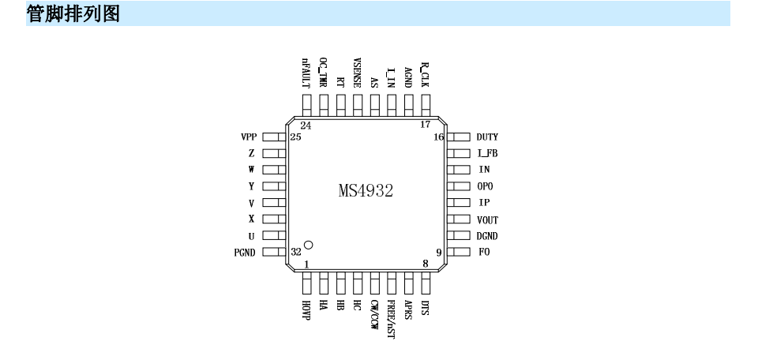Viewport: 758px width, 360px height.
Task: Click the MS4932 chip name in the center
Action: (x=366, y=190)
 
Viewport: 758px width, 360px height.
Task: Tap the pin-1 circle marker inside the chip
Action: (x=308, y=245)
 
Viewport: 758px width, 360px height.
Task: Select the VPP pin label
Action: (x=249, y=137)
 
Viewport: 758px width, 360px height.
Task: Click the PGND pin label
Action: (x=245, y=253)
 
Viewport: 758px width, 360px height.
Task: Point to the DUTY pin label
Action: (x=487, y=137)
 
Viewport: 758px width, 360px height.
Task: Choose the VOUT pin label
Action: (x=487, y=220)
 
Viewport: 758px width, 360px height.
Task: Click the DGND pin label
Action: (x=487, y=236)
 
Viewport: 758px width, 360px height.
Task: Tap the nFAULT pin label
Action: (x=306, y=73)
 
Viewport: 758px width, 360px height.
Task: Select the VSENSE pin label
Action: (x=357, y=73)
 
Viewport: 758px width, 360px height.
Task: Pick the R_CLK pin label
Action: (x=425, y=74)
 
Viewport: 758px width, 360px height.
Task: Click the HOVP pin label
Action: (x=306, y=310)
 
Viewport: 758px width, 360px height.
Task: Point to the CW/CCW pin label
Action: (x=373, y=315)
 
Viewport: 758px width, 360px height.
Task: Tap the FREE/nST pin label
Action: (x=391, y=320)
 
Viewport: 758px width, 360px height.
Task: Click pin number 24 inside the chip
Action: (x=306, y=126)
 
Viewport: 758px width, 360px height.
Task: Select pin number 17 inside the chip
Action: (x=425, y=125)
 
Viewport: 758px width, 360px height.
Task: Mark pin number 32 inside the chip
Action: (x=296, y=252)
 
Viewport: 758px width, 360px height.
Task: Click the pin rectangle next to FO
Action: (x=458, y=253)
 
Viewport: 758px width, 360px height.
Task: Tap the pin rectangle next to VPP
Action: (x=274, y=137)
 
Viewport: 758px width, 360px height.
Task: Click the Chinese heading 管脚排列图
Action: (x=73, y=13)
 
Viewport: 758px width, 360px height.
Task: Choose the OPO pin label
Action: (x=485, y=186)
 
